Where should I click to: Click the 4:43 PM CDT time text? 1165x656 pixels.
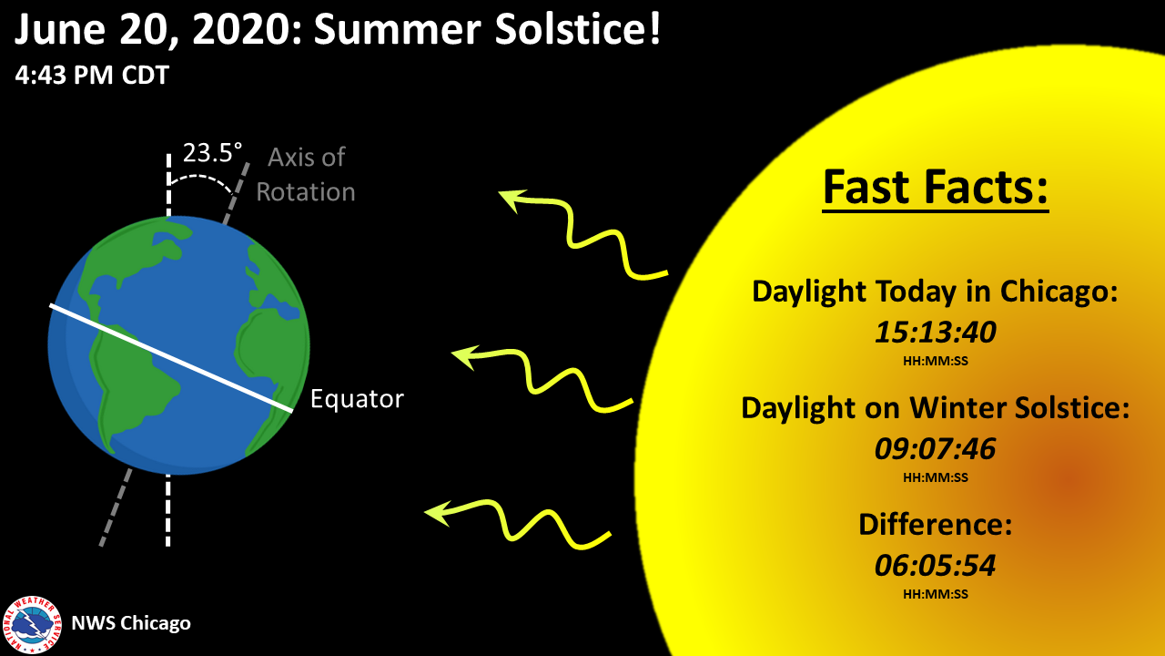(x=92, y=75)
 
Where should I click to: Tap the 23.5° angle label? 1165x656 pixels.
(x=212, y=153)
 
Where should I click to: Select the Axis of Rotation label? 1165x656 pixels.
(x=306, y=174)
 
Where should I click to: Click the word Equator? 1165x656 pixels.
(x=357, y=399)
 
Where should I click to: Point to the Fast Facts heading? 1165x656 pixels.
(x=935, y=188)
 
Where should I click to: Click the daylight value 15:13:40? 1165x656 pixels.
(x=935, y=333)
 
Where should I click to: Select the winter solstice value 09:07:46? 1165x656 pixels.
(x=935, y=449)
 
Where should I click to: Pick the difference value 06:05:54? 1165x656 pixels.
(x=935, y=566)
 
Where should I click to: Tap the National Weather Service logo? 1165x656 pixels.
(x=32, y=625)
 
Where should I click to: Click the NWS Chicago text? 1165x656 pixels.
(x=131, y=623)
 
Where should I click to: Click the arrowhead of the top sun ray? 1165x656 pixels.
(x=510, y=199)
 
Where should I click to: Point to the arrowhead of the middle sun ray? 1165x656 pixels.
(x=463, y=356)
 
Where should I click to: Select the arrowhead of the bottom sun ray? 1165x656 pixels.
(x=436, y=513)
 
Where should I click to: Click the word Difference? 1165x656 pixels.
(x=935, y=524)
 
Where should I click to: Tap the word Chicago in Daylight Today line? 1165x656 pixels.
(x=1059, y=292)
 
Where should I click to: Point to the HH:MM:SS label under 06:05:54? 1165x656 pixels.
(x=935, y=594)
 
